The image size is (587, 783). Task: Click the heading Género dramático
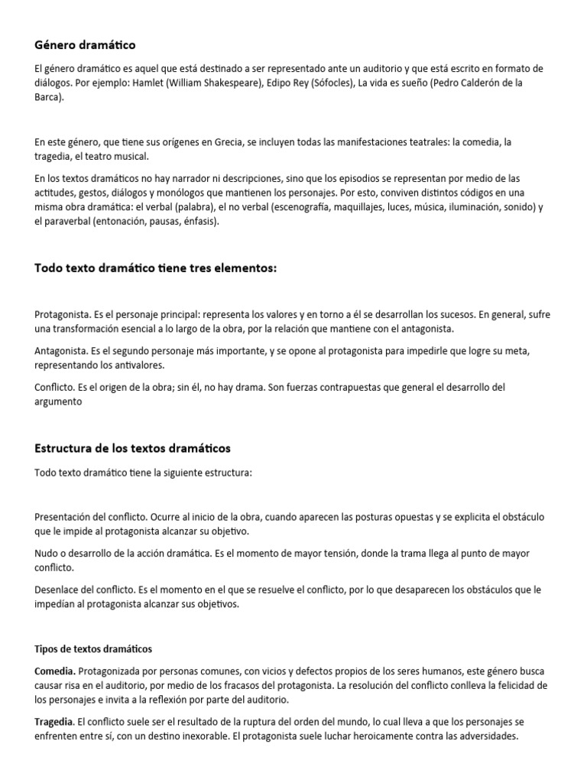85,46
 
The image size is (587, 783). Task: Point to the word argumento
58,401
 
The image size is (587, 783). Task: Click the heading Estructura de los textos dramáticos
133,447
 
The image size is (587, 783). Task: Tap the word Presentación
64,516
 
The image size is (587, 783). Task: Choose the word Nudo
47,553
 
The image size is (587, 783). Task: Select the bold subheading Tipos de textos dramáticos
93,649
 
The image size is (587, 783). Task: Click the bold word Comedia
55,671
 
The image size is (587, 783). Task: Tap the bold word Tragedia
55,722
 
